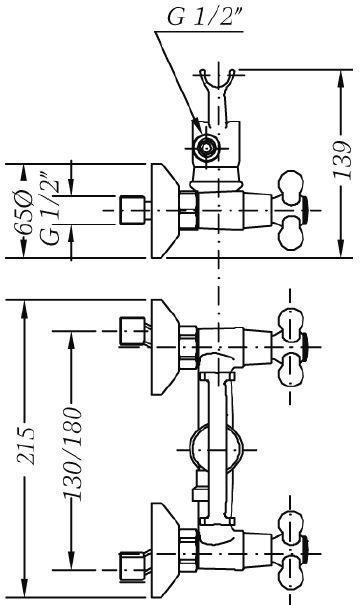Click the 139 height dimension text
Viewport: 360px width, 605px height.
coord(343,160)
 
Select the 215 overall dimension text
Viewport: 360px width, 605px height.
coord(27,446)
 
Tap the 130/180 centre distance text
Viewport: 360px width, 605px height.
coord(73,454)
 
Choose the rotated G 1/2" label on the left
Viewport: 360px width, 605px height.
coord(51,210)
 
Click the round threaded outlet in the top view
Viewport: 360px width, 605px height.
coord(206,148)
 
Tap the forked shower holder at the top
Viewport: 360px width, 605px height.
coord(217,96)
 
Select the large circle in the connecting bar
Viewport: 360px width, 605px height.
coord(216,450)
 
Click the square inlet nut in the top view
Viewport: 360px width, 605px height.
coord(132,210)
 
